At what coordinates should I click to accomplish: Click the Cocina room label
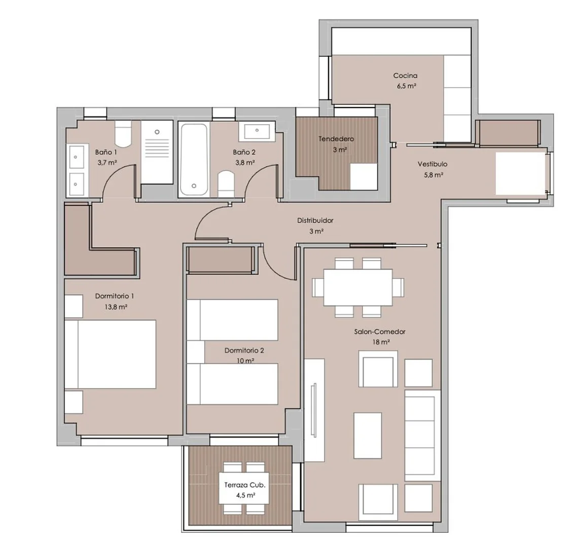pos(405,76)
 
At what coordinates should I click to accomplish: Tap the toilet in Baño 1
pos(123,134)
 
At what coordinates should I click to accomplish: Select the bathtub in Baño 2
pos(194,160)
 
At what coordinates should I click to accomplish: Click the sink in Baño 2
pos(257,131)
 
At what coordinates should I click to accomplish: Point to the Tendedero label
pos(336,139)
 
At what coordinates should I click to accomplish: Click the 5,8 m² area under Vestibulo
pos(434,175)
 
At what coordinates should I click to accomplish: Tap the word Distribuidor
pos(315,221)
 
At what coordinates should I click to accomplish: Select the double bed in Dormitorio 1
pos(111,354)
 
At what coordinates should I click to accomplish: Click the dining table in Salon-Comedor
pos(358,287)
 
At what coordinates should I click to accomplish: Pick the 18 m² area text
pos(381,343)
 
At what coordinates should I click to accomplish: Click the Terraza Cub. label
pos(244,485)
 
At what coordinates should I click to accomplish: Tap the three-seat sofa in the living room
pos(422,435)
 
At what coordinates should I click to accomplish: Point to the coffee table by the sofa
pos(368,435)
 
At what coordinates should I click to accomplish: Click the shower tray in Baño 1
pos(157,152)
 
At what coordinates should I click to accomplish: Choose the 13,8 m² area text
pos(116,307)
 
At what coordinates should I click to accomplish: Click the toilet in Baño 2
pos(226,184)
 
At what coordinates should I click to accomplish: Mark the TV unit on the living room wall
pos(314,410)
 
